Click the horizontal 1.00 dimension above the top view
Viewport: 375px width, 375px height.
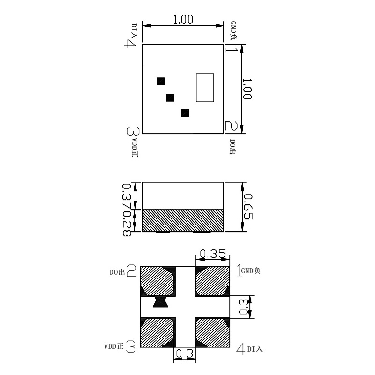(x=183, y=20)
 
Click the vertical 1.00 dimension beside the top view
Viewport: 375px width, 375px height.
(x=247, y=89)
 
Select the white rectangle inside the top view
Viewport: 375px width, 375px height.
(x=205, y=88)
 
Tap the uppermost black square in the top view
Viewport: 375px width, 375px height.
(x=160, y=81)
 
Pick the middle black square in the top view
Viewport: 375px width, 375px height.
(x=170, y=97)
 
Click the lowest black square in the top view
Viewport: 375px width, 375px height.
(x=185, y=112)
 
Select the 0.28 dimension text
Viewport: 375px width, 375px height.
(x=126, y=223)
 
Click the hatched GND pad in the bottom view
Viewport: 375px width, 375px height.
(x=212, y=281)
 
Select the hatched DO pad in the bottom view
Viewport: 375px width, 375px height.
(x=157, y=281)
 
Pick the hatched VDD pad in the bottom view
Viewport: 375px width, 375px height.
(x=157, y=332)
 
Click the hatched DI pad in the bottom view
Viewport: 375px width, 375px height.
(x=212, y=332)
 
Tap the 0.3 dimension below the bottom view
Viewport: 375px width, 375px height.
(x=185, y=355)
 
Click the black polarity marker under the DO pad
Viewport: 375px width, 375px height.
(x=160, y=302)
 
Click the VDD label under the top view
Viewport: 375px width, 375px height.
(x=135, y=147)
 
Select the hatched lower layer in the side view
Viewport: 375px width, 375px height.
(x=183, y=220)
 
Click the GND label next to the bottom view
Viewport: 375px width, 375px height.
(x=251, y=270)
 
